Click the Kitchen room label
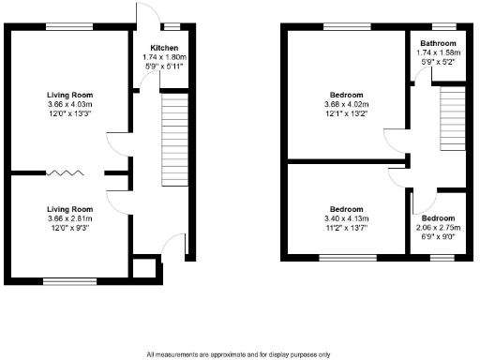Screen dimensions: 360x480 tap(156, 48)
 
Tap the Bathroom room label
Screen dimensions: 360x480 tap(437, 43)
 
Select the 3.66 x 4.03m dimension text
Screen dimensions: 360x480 tap(70, 104)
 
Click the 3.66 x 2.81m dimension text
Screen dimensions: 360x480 tap(70, 218)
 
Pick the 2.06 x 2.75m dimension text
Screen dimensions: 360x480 tap(438, 228)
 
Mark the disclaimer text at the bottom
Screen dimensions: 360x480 tap(239, 354)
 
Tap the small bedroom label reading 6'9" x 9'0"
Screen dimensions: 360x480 tap(438, 237)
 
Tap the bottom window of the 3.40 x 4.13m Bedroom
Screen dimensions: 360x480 tap(347, 257)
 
